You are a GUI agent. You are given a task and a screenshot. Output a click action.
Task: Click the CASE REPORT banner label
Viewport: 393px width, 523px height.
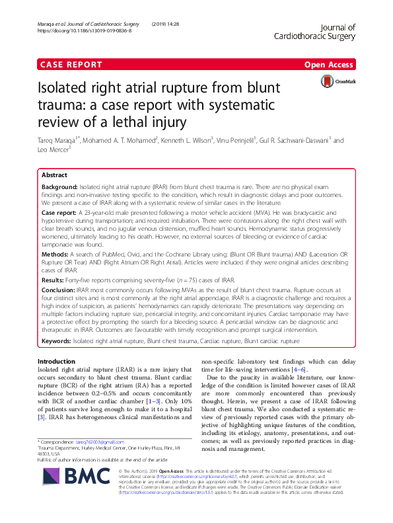tap(71, 65)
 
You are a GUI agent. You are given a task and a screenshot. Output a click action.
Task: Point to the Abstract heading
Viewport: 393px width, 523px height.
tap(54, 176)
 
